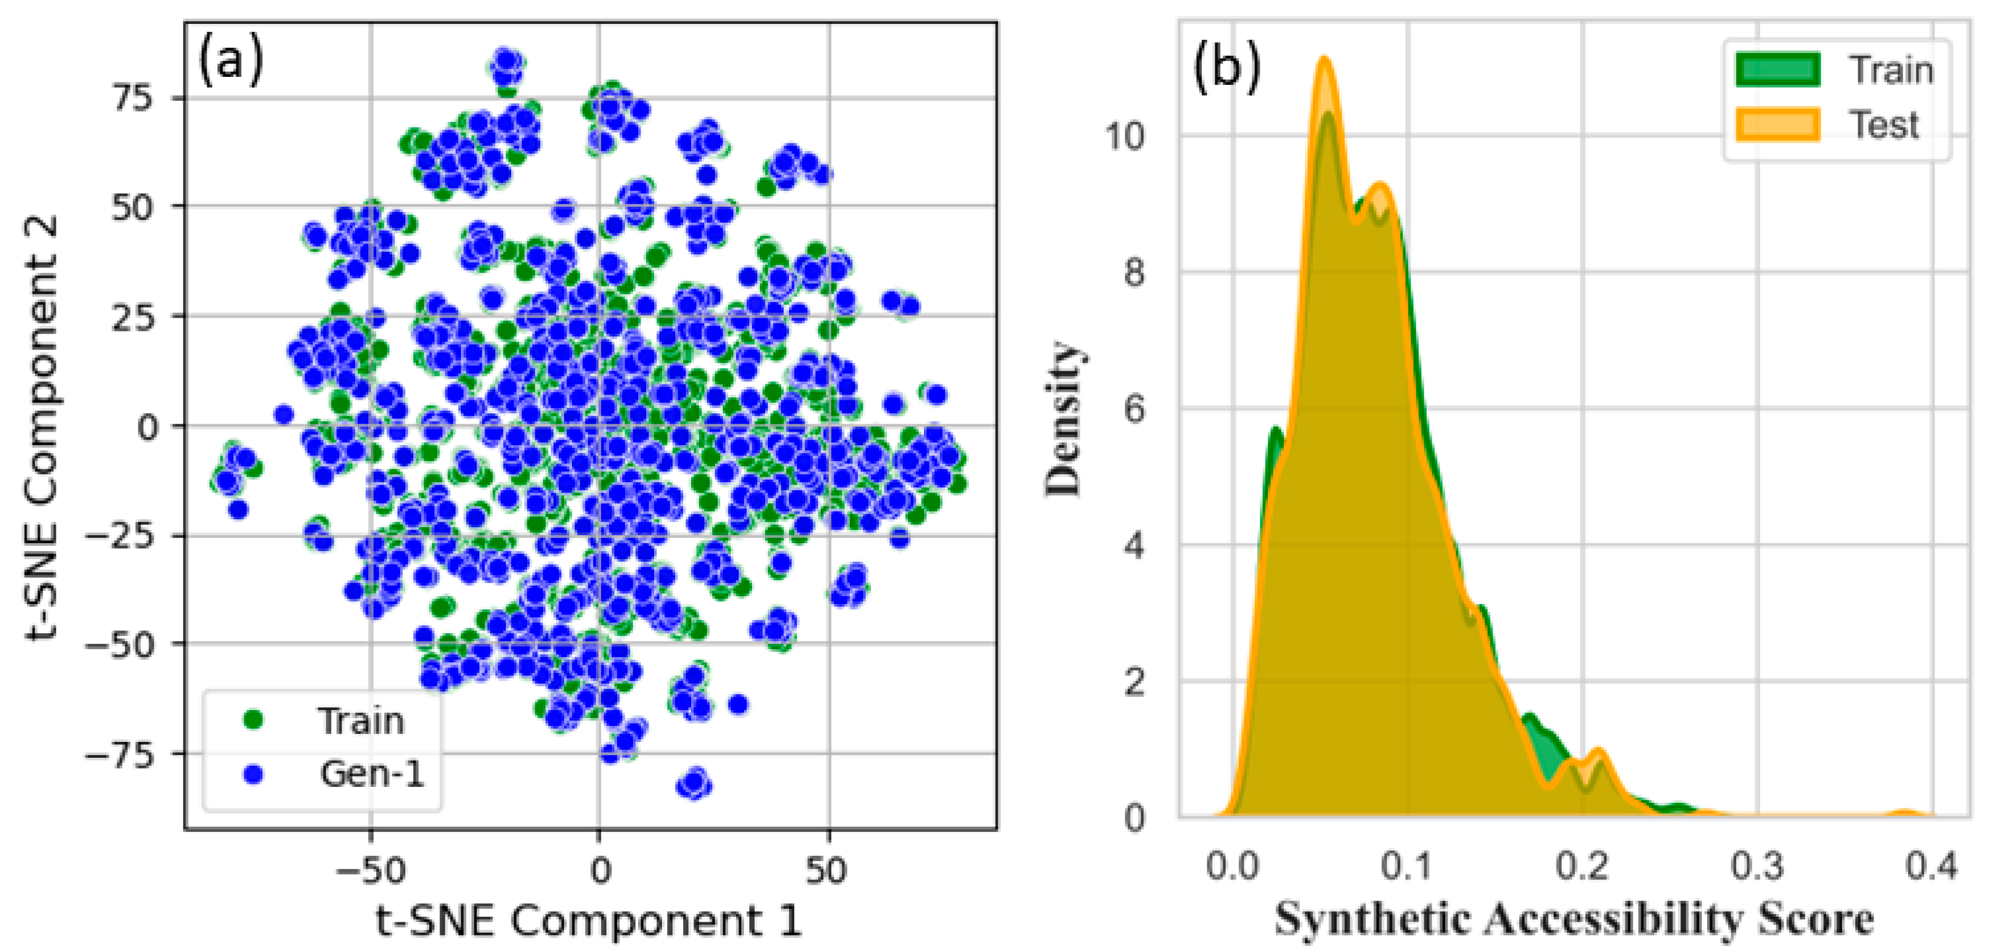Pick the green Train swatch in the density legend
(1777, 69)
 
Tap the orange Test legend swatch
(1777, 124)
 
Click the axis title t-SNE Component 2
(43, 427)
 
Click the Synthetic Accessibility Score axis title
(1573, 920)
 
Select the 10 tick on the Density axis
(1124, 137)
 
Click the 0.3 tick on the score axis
(1757, 866)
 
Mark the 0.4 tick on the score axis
(1931, 866)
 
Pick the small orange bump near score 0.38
(1904, 813)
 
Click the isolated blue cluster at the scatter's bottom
(693, 785)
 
